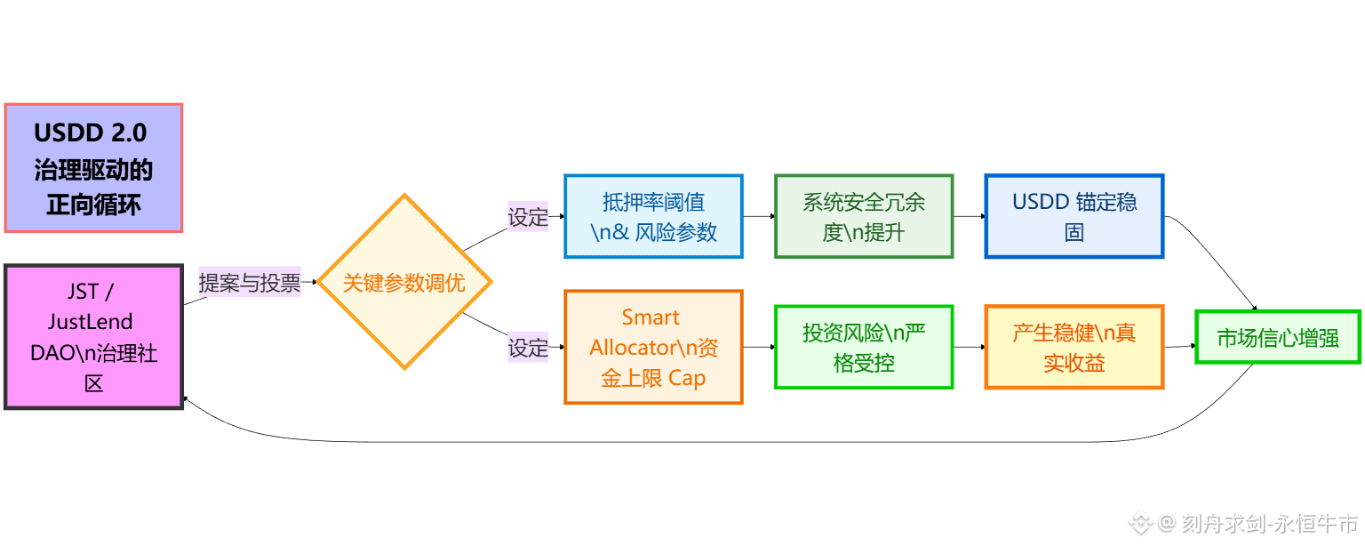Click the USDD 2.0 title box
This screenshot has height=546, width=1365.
93,168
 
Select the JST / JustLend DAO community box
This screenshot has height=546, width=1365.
93,336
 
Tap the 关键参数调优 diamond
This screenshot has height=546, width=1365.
404,283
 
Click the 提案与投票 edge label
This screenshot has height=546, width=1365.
250,283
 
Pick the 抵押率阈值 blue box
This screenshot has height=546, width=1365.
653,217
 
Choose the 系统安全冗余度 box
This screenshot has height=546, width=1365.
864,217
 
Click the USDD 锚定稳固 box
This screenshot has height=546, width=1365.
1074,217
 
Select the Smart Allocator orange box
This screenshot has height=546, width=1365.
653,347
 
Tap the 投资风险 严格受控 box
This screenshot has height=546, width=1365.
864,347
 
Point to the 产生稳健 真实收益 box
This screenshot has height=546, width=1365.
1074,347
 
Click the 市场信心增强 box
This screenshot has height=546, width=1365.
1278,337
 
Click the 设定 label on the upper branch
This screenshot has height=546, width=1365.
528,217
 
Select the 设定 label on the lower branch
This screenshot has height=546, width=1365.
528,347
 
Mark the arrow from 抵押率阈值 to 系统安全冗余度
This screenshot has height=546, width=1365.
759,216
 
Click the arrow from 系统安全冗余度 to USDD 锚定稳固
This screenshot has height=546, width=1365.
970,216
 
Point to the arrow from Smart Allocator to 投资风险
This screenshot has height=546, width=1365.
759,347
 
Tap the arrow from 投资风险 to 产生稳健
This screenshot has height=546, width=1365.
970,347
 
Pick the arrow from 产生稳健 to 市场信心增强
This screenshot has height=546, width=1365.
1179,345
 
